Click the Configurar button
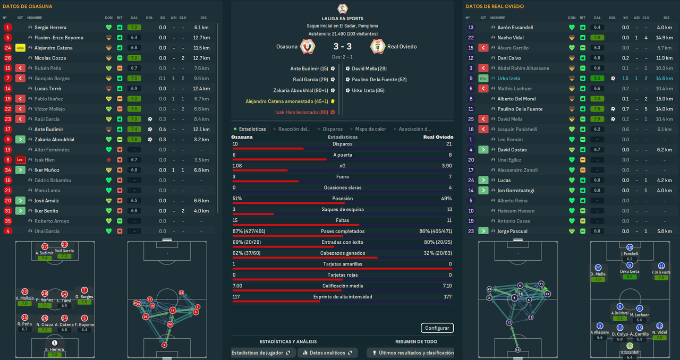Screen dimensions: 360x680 coord(437,328)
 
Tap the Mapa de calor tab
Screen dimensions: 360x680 coord(371,129)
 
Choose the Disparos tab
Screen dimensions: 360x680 coord(332,129)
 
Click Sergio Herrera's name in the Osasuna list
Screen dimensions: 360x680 coord(50,28)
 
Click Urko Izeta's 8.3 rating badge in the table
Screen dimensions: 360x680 coord(597,79)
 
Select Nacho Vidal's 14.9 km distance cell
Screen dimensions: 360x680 coord(664,38)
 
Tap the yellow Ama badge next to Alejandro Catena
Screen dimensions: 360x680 coord(21,48)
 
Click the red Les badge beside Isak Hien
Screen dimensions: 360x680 coord(21,160)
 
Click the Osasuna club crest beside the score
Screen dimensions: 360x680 coord(308,47)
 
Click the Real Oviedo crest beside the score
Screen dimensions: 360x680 coord(377,47)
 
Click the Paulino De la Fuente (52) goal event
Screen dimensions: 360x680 coord(379,80)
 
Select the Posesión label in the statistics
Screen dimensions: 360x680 coord(343,199)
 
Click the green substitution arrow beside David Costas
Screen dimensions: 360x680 coord(483,150)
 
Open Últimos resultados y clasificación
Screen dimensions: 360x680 coord(413,353)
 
